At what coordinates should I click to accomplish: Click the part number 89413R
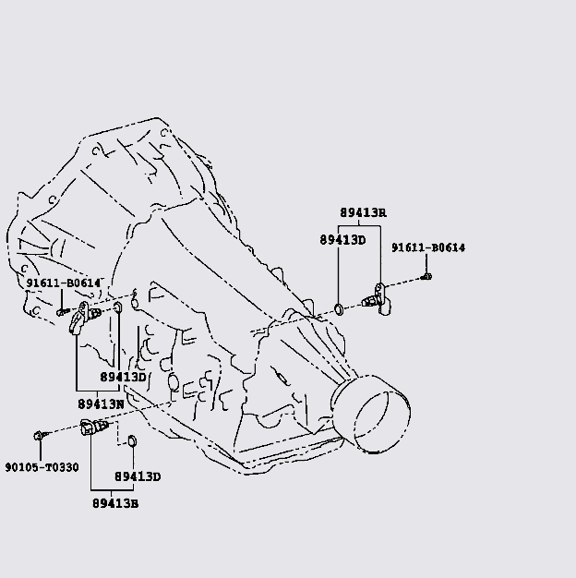click(363, 212)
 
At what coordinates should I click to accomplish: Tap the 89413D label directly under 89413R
click(343, 240)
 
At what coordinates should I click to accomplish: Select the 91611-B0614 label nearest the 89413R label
click(427, 247)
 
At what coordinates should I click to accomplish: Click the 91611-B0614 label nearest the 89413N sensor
click(63, 283)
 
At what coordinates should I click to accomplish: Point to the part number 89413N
click(101, 403)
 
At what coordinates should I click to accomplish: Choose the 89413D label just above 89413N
click(123, 377)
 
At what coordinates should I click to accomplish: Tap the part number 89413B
click(115, 503)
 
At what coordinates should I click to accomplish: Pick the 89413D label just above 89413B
click(138, 476)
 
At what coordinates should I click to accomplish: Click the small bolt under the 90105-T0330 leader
click(39, 434)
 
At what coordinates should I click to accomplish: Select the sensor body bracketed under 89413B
click(93, 427)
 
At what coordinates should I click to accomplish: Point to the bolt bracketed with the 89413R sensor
click(426, 274)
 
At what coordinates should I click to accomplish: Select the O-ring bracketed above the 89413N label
click(118, 307)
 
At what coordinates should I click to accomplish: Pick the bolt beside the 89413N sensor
click(61, 311)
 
